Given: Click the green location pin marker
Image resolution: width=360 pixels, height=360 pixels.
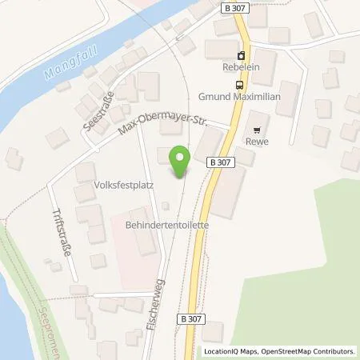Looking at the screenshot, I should tap(180, 162).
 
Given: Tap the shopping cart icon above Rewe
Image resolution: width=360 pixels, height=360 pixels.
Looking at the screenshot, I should tap(258, 129).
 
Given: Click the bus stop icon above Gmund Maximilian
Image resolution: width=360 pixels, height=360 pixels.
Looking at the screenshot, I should tap(238, 85).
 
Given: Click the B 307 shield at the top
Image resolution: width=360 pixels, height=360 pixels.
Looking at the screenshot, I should tap(231, 7).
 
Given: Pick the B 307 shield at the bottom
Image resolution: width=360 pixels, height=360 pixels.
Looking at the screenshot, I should tap(210, 318).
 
